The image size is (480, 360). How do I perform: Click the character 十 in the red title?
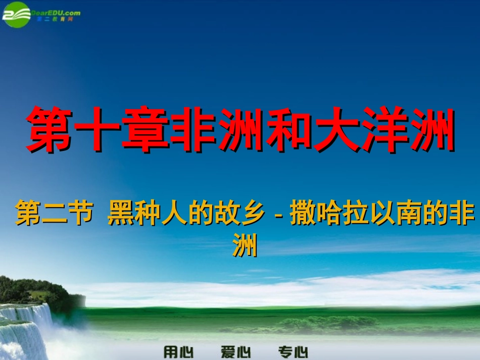pos(97,130)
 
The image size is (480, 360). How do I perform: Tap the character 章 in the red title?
pos(145,130)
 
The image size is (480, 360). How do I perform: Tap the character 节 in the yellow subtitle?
pos(81,215)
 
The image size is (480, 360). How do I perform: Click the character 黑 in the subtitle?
pos(121,215)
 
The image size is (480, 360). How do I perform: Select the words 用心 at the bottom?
pos(178,351)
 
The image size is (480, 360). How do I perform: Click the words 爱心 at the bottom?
pos(235,351)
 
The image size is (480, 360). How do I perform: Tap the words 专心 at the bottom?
pos(293,351)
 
